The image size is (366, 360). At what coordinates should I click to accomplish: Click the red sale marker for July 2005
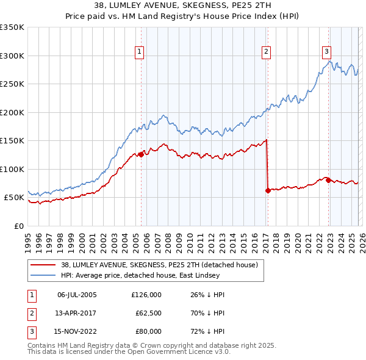coord(141,154)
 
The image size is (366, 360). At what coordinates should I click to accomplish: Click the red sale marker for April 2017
coord(268,190)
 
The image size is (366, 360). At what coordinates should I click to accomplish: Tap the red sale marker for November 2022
coord(328,180)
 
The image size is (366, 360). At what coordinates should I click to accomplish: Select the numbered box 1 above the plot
coord(140,52)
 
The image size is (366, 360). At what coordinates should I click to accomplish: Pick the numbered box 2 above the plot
coord(267,52)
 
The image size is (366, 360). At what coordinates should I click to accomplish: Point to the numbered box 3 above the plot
coord(327,52)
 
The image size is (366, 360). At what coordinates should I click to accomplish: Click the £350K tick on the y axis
coord(12,27)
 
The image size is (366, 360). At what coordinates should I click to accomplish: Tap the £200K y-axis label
coord(12,112)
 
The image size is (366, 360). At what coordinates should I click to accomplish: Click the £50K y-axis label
coord(15,198)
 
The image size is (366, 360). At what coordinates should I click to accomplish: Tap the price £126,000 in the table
coord(146,295)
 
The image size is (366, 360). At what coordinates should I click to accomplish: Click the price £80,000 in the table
coord(148,331)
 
